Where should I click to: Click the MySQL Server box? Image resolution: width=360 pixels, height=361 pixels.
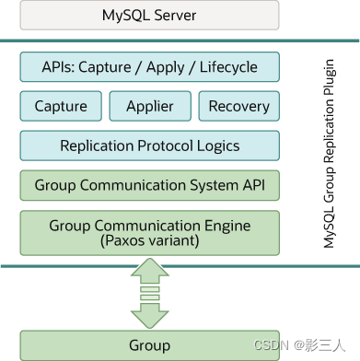click(x=149, y=16)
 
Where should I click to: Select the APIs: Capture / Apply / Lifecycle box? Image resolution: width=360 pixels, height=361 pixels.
click(x=149, y=67)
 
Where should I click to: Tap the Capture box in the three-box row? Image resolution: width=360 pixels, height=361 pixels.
click(x=60, y=106)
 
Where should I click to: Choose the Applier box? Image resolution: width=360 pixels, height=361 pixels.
click(x=149, y=106)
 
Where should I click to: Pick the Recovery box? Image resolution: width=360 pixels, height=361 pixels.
click(x=238, y=106)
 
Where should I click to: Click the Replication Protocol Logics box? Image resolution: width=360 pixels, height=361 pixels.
click(x=149, y=146)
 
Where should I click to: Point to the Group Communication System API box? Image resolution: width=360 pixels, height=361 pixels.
click(x=149, y=185)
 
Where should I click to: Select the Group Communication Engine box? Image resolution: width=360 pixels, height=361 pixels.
click(x=149, y=232)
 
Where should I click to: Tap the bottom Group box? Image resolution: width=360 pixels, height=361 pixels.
click(x=149, y=345)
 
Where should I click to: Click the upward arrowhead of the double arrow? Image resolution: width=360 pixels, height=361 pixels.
click(x=149, y=271)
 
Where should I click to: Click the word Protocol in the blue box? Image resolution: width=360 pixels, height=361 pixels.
click(x=158, y=146)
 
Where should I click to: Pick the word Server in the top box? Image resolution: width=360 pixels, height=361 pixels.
click(x=173, y=16)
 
